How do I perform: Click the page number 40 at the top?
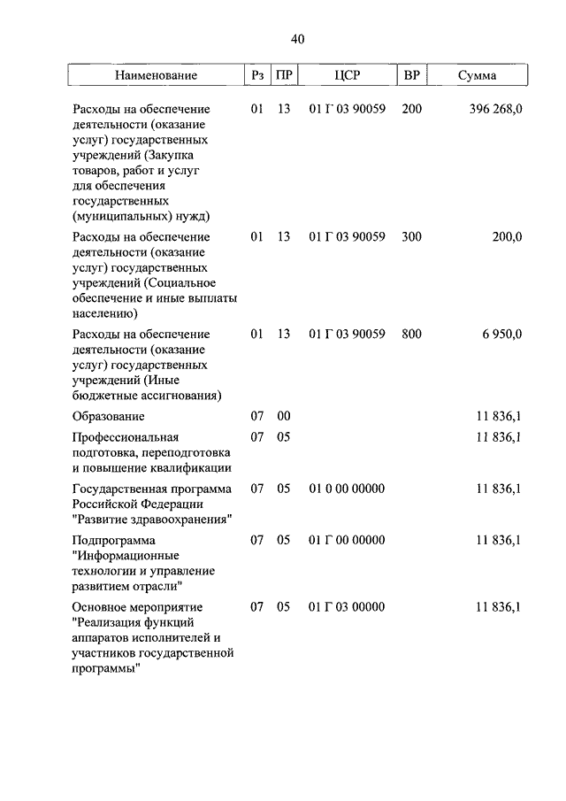pyautogui.click(x=296, y=39)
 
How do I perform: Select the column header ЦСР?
pyautogui.click(x=348, y=76)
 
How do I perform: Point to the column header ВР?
pyautogui.click(x=411, y=76)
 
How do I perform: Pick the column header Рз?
pyautogui.click(x=257, y=76)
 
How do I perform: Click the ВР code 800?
pyautogui.click(x=411, y=335)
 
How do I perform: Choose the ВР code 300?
pyautogui.click(x=411, y=237)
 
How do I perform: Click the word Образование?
pyautogui.click(x=109, y=416)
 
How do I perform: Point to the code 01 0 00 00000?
pyautogui.click(x=347, y=489)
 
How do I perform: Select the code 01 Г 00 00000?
pyautogui.click(x=347, y=540)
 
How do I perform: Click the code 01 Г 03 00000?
pyautogui.click(x=347, y=607)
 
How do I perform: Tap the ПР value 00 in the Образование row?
pyautogui.click(x=284, y=416)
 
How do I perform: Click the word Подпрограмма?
pyautogui.click(x=114, y=540)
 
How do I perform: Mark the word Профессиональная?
pyautogui.click(x=126, y=437)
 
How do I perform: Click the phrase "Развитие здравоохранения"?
pyautogui.click(x=152, y=519)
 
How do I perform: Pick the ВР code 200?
pyautogui.click(x=411, y=109)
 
